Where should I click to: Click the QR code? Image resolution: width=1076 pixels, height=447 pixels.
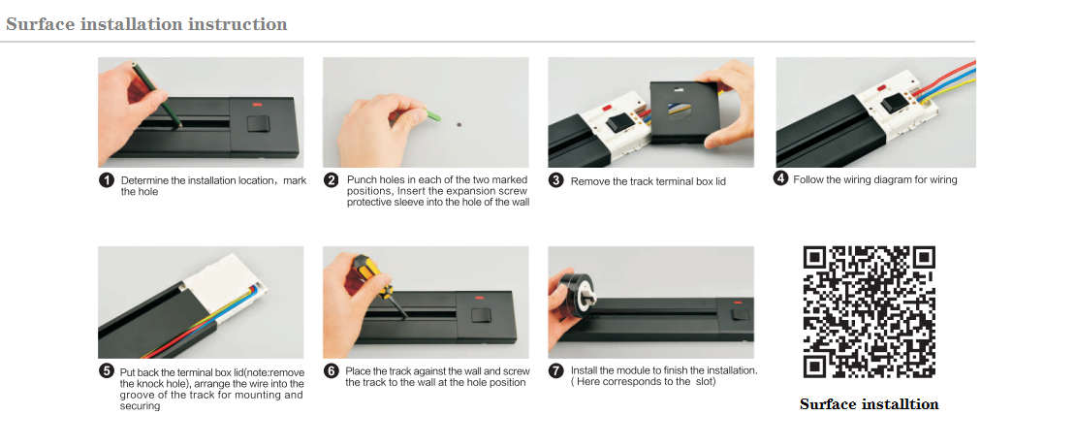tap(870, 311)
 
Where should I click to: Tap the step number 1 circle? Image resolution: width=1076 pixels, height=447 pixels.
tap(106, 180)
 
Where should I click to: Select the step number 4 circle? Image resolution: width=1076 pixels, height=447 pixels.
tap(781, 179)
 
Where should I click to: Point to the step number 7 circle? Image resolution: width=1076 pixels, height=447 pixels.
tap(556, 370)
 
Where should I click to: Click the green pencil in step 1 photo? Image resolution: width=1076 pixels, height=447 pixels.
tap(156, 95)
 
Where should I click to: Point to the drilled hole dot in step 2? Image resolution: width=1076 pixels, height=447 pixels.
tap(459, 125)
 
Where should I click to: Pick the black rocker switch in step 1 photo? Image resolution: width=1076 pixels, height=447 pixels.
tap(258, 123)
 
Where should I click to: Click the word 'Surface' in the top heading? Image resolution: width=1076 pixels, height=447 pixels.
tap(40, 24)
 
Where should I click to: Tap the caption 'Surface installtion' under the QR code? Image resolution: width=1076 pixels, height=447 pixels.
tap(869, 403)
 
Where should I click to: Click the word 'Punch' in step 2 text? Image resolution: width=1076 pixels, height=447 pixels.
tap(361, 179)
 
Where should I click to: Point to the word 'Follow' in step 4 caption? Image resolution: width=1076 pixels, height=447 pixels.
tap(808, 180)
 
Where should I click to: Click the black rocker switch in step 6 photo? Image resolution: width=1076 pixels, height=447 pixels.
tap(484, 316)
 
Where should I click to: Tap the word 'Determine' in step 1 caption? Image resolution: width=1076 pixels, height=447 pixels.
tap(144, 180)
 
